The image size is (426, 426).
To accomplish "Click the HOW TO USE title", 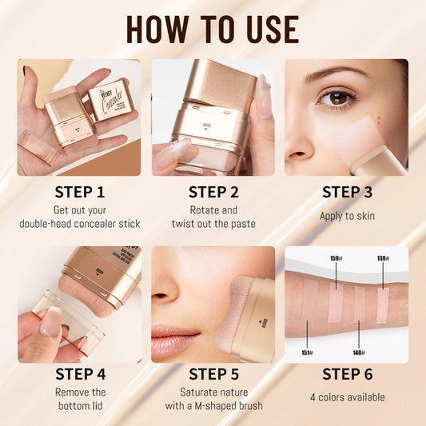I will click(213, 29).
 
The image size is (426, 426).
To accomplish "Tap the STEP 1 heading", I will click(79, 192).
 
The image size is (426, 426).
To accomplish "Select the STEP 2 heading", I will click(213, 192).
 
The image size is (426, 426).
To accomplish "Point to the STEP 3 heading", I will click(347, 192).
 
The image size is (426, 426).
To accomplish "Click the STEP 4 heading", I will click(79, 373).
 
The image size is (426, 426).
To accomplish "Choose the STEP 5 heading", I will click(213, 373).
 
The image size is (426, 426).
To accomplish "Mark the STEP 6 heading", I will click(347, 373).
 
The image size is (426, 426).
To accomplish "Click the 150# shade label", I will click(336, 259).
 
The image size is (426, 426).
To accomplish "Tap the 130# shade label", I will click(383, 259).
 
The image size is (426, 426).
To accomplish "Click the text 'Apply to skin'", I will click(347, 216).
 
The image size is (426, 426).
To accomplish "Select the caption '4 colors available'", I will click(347, 397).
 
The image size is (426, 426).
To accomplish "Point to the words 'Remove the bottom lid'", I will click(79, 399).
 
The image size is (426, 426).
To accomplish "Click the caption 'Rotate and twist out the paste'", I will click(213, 217).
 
